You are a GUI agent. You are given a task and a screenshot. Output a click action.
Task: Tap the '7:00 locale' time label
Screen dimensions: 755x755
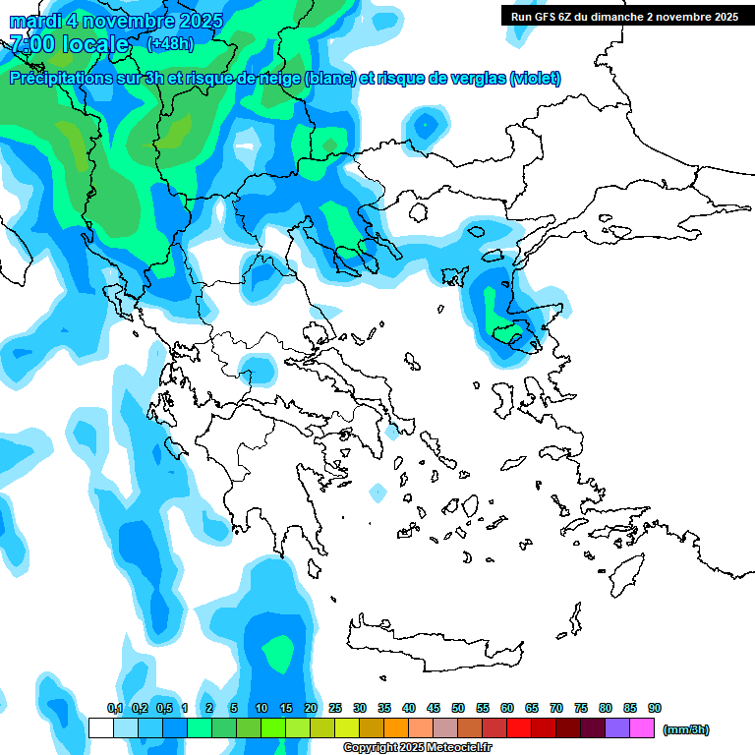click(69, 44)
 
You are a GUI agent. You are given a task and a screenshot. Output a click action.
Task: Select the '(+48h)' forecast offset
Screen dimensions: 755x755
click(170, 43)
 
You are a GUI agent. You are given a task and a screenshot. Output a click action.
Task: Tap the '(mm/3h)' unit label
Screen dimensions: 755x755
click(685, 729)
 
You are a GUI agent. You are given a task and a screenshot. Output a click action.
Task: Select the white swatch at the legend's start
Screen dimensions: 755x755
click(101, 727)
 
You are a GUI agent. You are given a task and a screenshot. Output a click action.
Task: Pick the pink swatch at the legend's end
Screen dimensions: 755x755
click(642, 727)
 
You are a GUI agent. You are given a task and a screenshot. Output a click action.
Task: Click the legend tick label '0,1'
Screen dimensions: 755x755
click(115, 709)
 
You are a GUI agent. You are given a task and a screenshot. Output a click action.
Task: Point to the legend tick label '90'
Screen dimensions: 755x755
click(655, 709)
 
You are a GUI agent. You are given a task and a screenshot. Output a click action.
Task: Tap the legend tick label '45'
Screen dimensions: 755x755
click(434, 709)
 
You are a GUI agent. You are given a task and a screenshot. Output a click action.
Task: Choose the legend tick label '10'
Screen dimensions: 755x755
click(261, 709)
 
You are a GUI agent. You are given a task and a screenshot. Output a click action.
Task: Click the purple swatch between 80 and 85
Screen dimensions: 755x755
click(617, 727)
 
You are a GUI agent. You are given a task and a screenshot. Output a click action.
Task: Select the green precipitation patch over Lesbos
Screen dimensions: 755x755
click(512, 335)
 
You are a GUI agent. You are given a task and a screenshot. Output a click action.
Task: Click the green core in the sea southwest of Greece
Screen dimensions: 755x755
click(279, 652)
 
